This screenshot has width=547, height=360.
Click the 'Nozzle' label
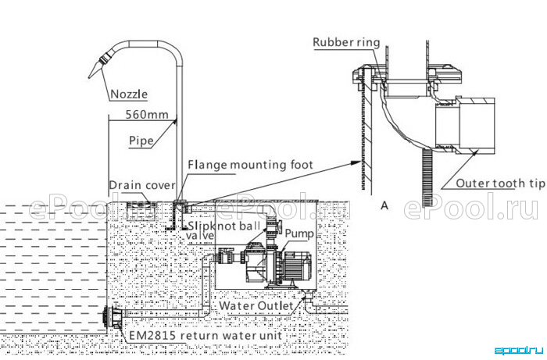coord(129,94)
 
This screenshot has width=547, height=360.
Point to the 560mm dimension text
coord(147,114)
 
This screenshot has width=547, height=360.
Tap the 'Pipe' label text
coord(141,141)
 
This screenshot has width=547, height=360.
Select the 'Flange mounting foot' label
coord(250,165)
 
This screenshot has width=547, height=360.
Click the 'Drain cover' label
coord(142,185)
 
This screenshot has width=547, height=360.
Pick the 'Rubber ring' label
coord(346,42)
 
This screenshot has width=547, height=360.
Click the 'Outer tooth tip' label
coord(500,184)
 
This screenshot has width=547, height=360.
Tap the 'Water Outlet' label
coord(256,306)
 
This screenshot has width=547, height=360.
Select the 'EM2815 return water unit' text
coord(206,336)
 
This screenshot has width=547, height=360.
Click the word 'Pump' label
coord(299,233)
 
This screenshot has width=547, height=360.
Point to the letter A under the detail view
coord(384,205)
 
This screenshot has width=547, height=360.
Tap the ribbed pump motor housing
coord(297,266)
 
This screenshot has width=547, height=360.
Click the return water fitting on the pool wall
coord(113,317)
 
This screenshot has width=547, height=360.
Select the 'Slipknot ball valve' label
coord(223,230)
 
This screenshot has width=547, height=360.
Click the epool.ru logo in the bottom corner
coord(519,351)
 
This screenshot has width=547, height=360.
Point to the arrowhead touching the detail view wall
coord(356,162)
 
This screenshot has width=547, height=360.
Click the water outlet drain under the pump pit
coord(309,299)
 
